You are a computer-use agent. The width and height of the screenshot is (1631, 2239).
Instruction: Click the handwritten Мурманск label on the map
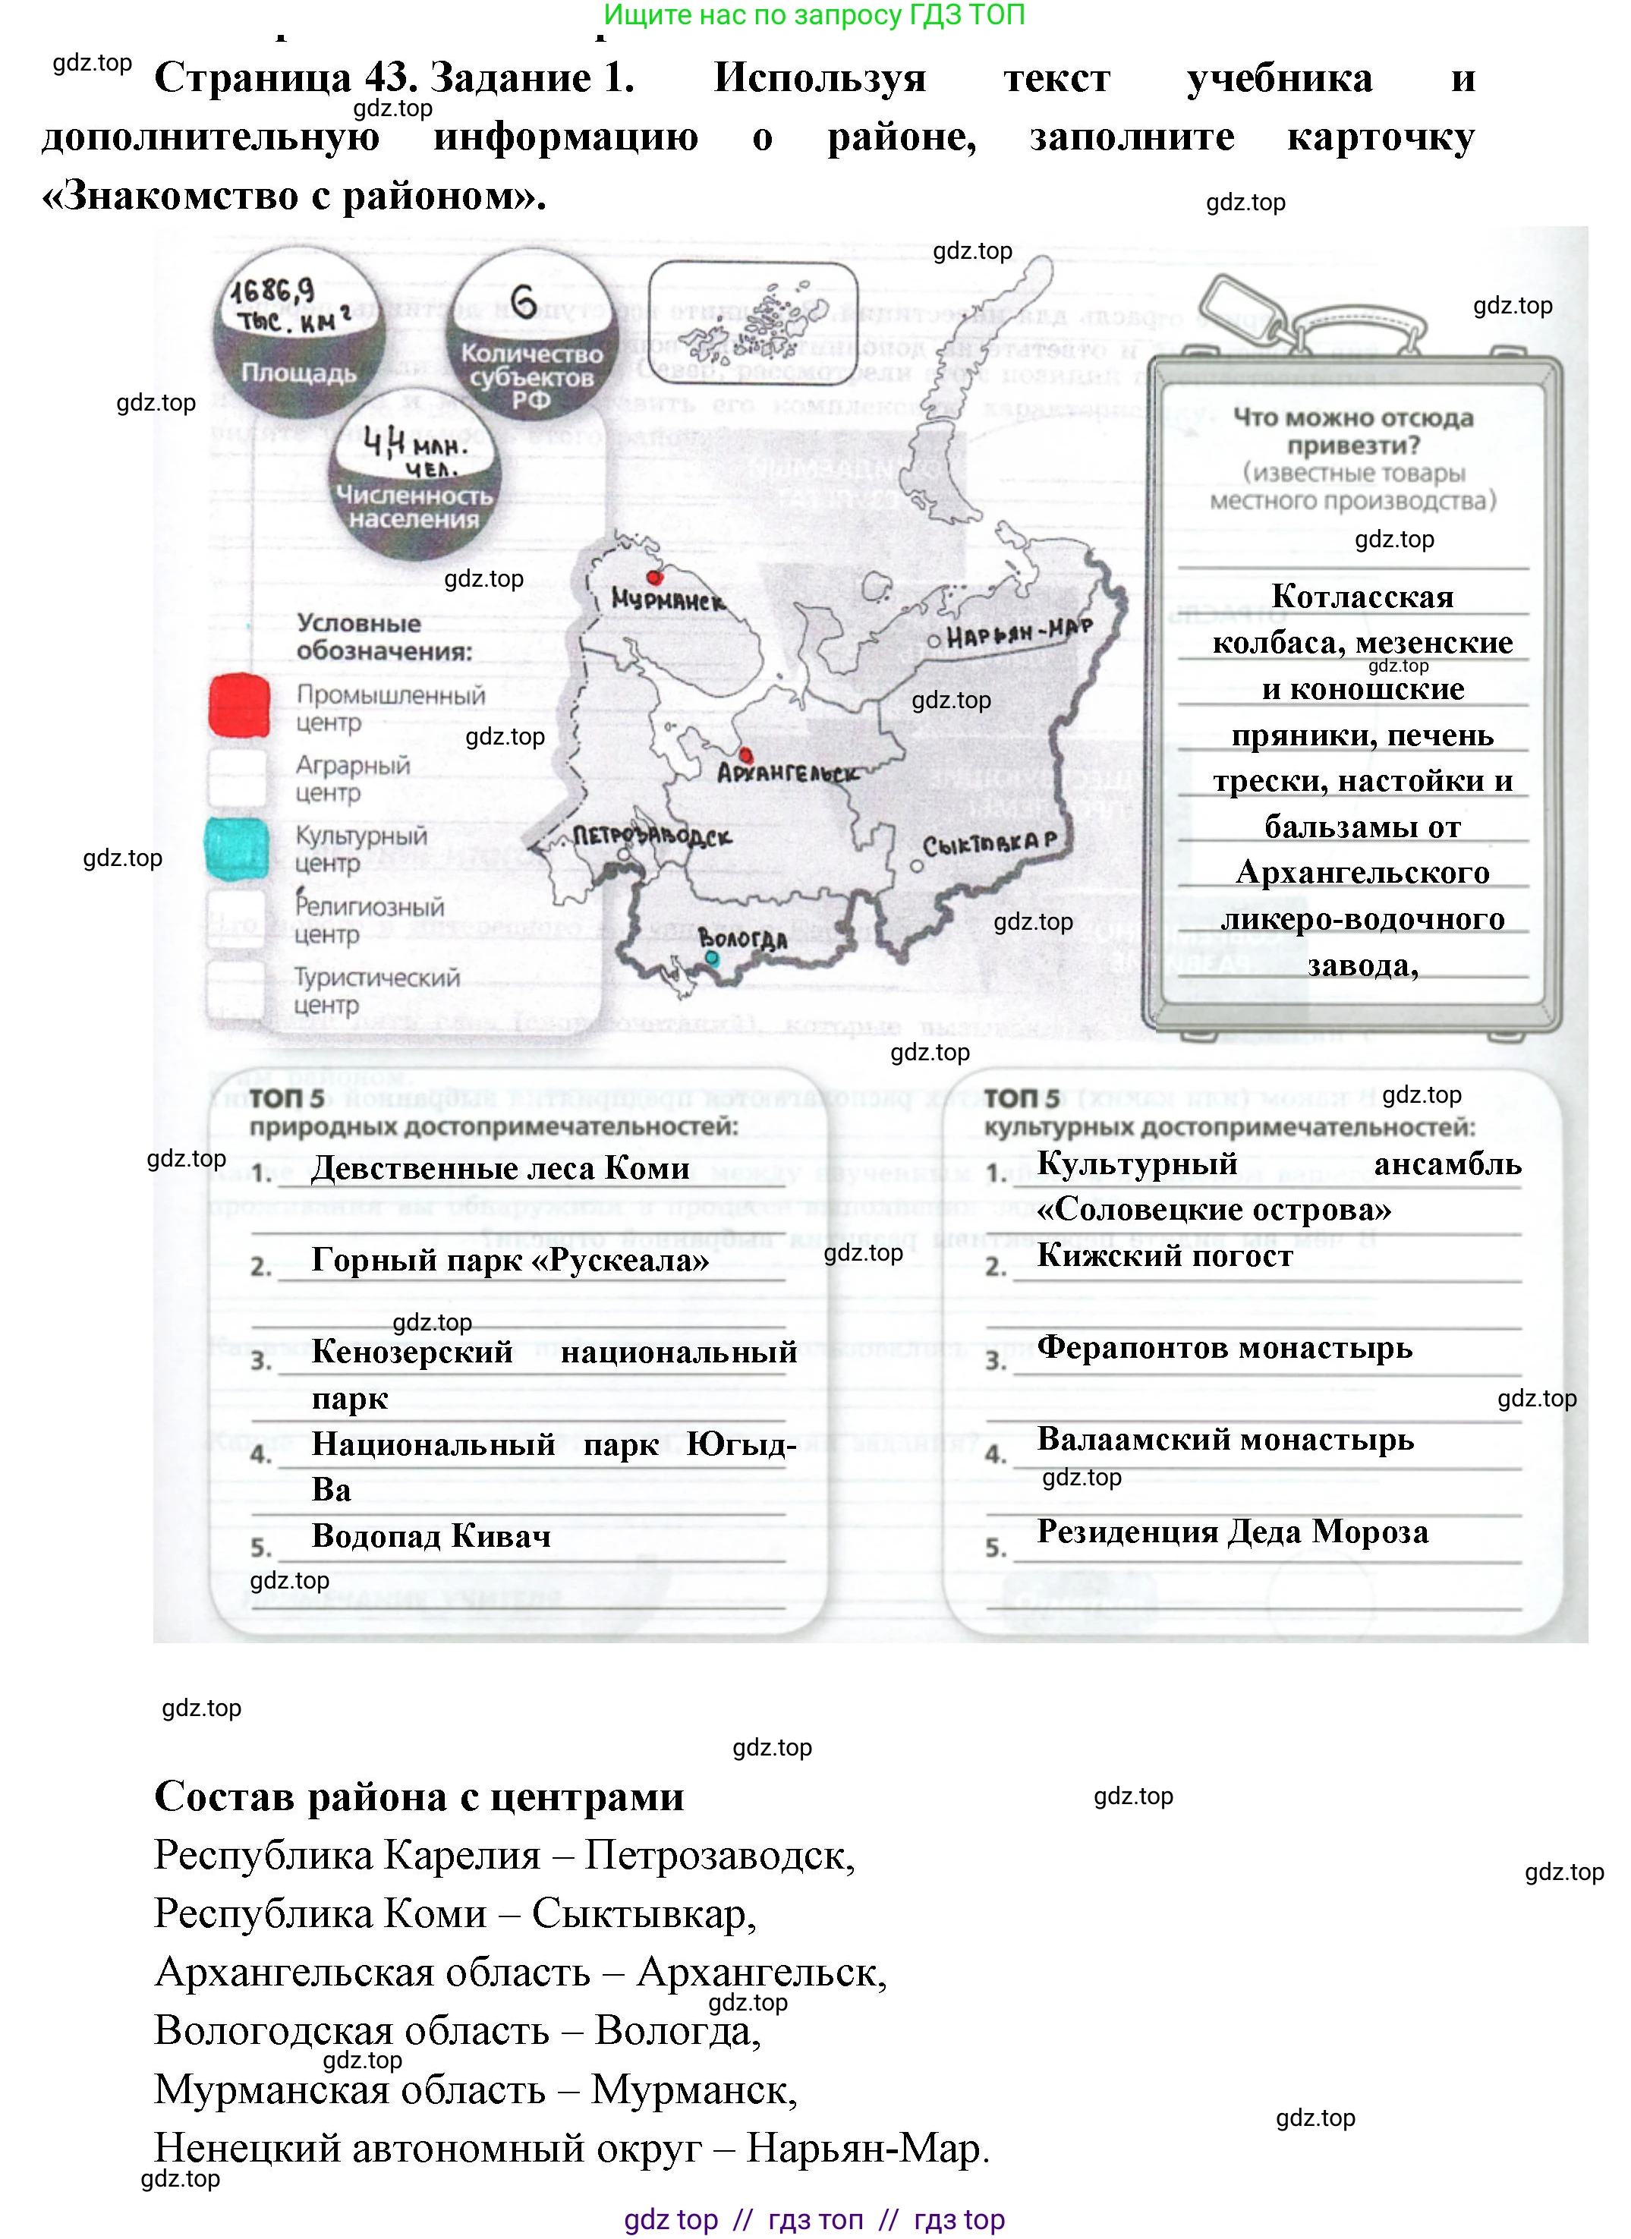pos(666,600)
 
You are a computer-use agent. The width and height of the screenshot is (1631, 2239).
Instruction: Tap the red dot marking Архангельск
pos(745,755)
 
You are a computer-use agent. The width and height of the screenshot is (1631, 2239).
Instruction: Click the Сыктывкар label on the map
pos(990,844)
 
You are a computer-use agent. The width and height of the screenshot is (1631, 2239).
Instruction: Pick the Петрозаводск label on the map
pos(653,836)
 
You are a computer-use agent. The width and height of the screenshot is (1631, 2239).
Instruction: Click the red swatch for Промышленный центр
pos(239,706)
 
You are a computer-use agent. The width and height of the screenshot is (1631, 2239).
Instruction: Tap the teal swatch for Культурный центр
pos(237,847)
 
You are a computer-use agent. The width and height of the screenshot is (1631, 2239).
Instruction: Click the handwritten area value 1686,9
pos(273,291)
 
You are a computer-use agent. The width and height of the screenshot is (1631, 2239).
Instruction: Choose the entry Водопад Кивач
pos(430,1536)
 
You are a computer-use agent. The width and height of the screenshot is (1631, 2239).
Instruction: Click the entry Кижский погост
pos(1164,1255)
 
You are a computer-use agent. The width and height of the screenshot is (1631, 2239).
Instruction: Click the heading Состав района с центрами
pos(419,1797)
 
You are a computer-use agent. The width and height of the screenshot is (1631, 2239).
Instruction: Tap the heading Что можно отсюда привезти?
pos(1352,430)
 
